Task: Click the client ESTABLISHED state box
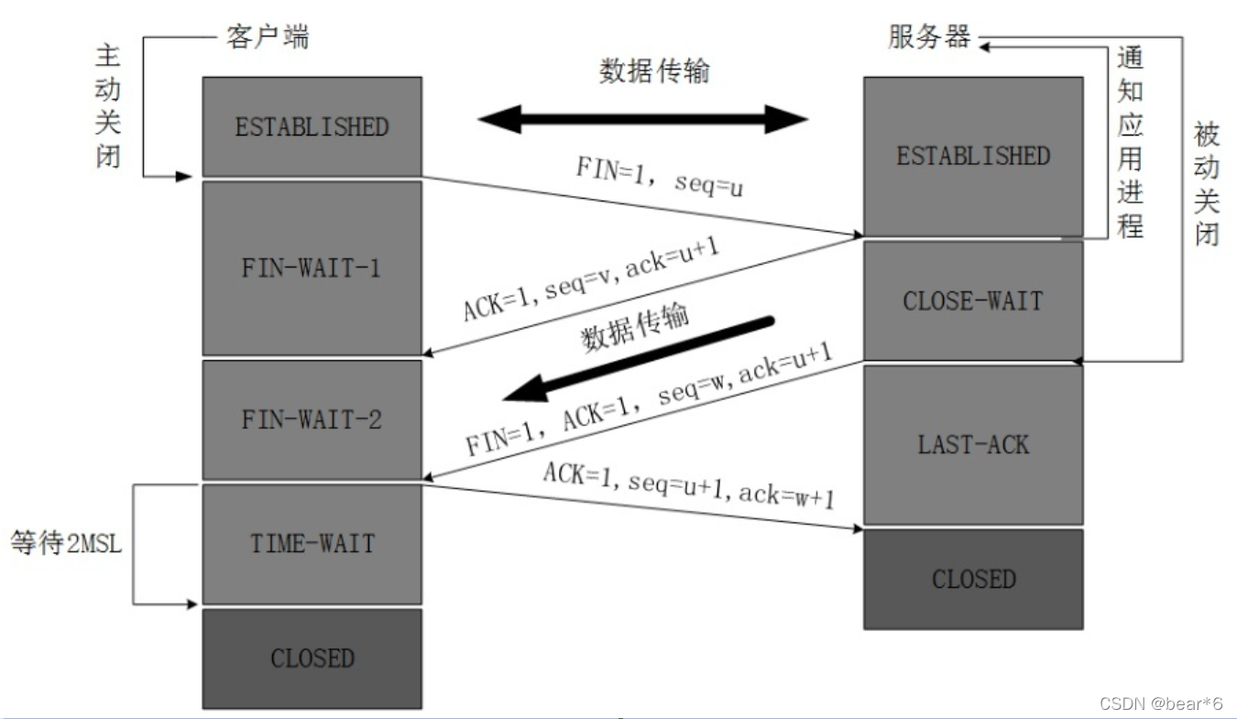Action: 312,126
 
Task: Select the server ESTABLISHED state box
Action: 972,156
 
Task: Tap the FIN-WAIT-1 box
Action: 312,267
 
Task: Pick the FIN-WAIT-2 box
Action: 312,419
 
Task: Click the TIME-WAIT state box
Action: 312,543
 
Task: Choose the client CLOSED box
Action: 312,658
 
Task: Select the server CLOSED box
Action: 972,579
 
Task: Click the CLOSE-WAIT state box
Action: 972,300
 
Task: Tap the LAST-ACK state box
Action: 972,445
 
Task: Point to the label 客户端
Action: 267,37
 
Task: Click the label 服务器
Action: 929,37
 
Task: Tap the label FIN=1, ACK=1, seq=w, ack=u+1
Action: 647,404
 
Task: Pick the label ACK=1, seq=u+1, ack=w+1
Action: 688,485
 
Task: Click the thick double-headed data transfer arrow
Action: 642,119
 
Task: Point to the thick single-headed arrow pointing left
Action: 641,357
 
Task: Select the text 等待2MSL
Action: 66,543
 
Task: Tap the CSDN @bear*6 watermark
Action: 1161,703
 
